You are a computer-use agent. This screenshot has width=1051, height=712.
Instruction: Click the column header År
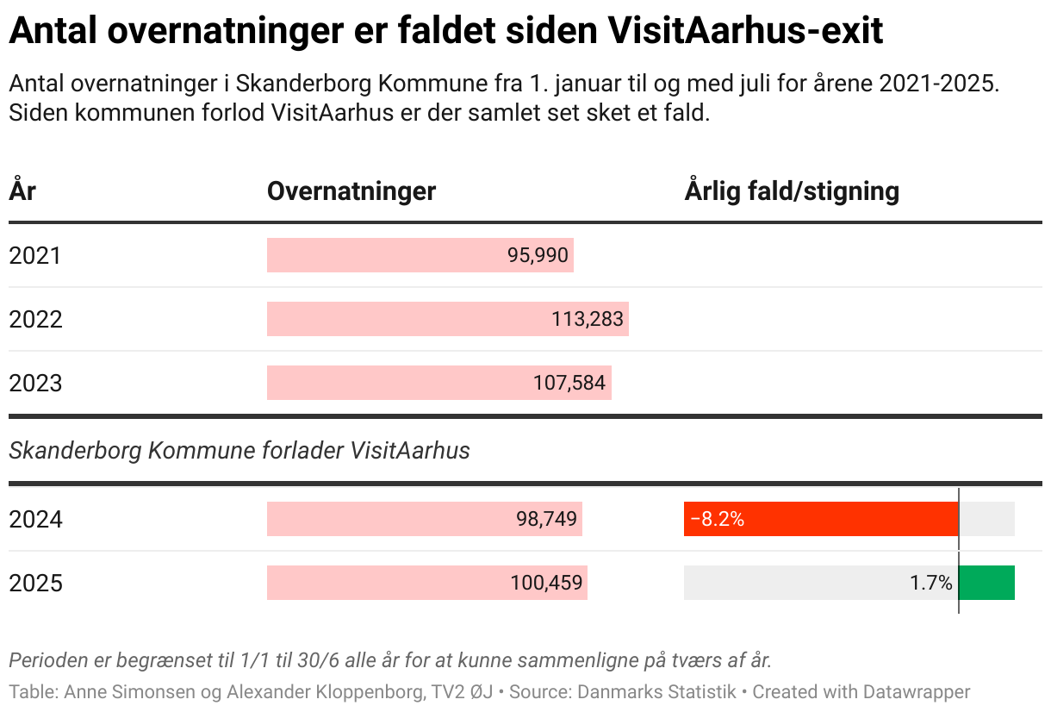click(x=22, y=190)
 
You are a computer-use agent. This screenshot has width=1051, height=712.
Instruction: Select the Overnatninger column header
click(x=351, y=190)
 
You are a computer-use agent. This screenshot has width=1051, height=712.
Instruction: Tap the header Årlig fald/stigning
click(x=792, y=190)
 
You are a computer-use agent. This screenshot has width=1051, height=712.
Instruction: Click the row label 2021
click(x=35, y=256)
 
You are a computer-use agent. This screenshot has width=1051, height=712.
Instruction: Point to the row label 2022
click(x=35, y=320)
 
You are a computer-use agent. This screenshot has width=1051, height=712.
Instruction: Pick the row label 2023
click(x=35, y=383)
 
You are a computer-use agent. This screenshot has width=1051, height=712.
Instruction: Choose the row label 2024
click(x=35, y=520)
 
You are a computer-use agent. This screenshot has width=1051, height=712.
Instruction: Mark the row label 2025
click(x=35, y=584)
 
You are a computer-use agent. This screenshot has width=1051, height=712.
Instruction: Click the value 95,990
click(x=538, y=256)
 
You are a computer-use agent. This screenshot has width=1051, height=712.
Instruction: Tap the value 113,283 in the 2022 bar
click(x=588, y=320)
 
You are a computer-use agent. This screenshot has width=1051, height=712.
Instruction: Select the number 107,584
click(x=569, y=383)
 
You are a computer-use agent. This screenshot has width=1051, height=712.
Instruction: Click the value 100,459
click(x=546, y=584)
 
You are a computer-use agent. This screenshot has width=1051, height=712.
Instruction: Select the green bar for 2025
click(x=987, y=584)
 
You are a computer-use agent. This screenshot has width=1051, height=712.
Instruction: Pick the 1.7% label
click(x=931, y=584)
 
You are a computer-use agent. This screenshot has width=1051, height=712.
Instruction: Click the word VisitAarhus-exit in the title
click(x=745, y=33)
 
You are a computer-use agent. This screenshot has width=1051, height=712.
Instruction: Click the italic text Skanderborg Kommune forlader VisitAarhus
click(x=239, y=450)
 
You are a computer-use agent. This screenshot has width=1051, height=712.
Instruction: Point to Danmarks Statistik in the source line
click(x=656, y=691)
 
